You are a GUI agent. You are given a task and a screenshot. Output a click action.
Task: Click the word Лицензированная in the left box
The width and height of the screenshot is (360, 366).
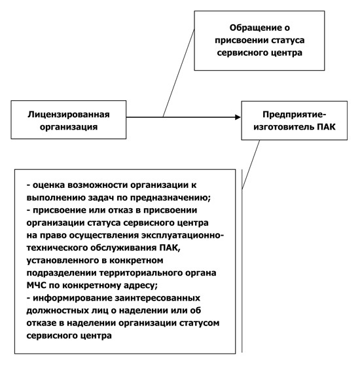69,115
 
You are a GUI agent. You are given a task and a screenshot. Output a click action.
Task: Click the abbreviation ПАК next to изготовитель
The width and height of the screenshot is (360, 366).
326,127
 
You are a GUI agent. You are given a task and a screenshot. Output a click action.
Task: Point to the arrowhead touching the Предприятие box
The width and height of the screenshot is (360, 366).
238,117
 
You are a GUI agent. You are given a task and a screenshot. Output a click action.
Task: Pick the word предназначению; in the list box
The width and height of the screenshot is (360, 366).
170,198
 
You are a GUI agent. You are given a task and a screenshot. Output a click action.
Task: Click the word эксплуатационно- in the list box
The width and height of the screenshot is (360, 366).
183,235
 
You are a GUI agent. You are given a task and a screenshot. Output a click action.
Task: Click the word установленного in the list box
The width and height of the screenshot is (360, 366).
63,261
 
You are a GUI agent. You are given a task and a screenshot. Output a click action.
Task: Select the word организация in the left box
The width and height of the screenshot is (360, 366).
68,127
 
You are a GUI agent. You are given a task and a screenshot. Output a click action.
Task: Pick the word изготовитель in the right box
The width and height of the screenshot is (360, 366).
284,127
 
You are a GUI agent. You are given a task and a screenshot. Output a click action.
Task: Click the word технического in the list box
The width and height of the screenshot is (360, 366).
57,247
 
